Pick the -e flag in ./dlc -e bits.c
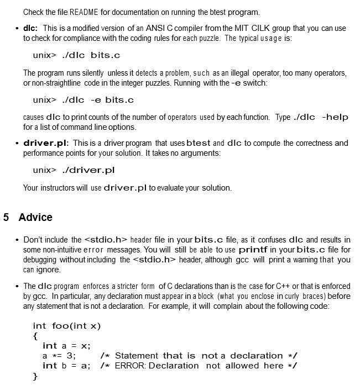coord(95,100)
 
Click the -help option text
coord(335,117)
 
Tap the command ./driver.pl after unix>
coord(88,170)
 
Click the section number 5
coord(6,217)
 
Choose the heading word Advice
coord(35,217)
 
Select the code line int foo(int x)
coord(67,325)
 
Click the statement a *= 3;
coord(59,356)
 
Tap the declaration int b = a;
coord(66,366)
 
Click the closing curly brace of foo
coord(35,376)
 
